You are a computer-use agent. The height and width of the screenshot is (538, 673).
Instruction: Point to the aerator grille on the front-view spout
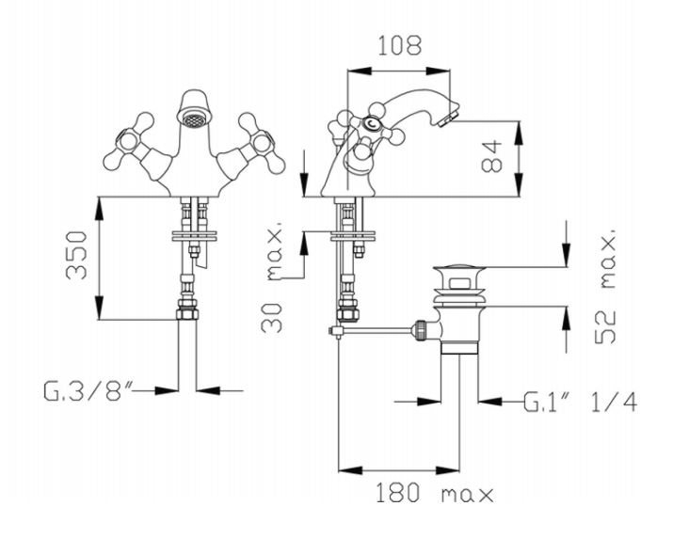[x=193, y=122]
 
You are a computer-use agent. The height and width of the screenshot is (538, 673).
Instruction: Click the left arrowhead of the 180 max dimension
[x=344, y=469]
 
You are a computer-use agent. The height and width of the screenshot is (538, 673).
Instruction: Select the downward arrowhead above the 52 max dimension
[x=565, y=261]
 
